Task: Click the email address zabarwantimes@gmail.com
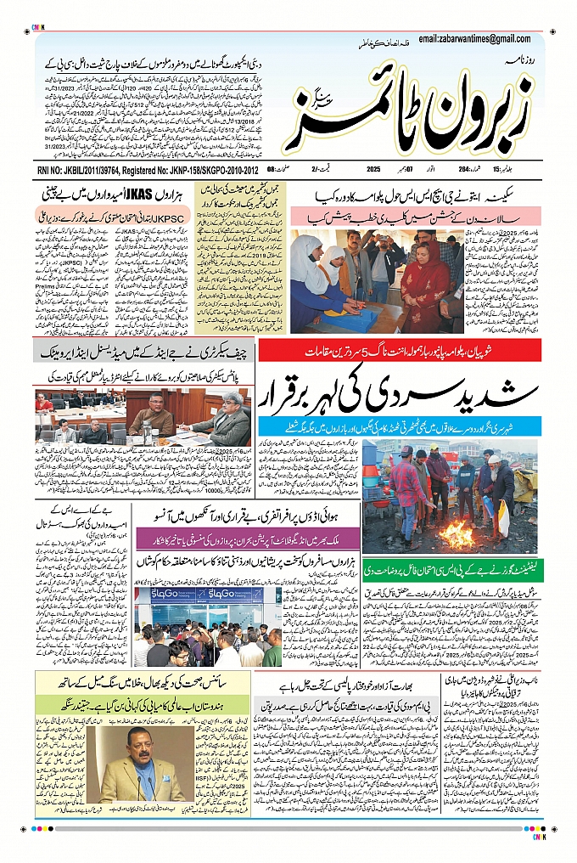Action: pyautogui.click(x=479, y=38)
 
